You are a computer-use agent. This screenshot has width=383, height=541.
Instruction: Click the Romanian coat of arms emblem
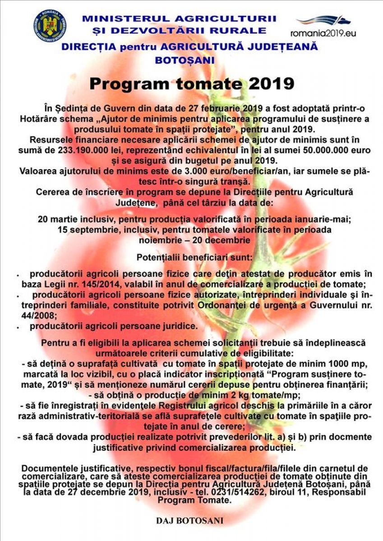click(x=50, y=25)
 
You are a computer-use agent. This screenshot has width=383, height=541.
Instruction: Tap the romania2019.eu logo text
click(x=323, y=33)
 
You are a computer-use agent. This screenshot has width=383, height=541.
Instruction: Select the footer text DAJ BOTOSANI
click(x=189, y=520)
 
